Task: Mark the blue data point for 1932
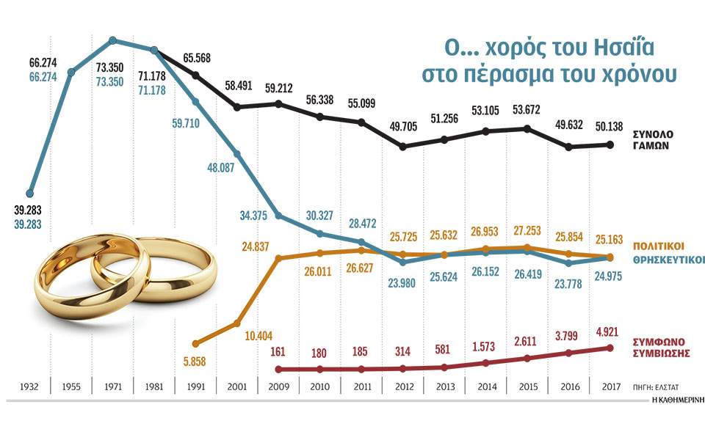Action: tap(30, 194)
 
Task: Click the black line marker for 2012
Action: tap(402, 147)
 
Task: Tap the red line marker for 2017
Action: tap(610, 348)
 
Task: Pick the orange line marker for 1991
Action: tap(195, 342)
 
